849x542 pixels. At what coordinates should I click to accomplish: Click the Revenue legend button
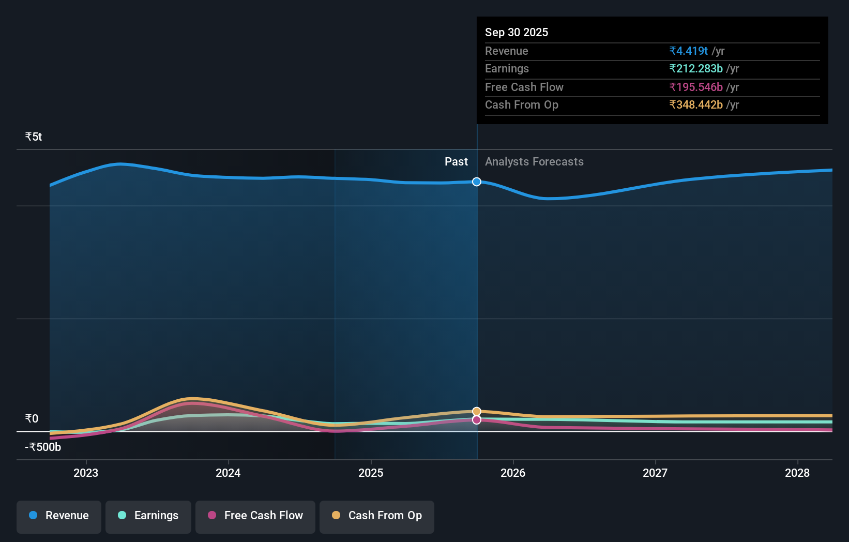tap(59, 516)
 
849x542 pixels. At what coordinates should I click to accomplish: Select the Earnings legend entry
tap(148, 516)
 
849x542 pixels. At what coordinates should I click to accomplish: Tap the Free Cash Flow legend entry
tap(255, 516)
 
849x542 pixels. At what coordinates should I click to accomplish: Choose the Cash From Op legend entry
tap(377, 516)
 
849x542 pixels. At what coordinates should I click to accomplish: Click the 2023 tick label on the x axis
tap(86, 473)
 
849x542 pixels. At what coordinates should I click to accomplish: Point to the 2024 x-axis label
tap(228, 473)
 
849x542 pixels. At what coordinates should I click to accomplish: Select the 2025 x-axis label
tap(371, 473)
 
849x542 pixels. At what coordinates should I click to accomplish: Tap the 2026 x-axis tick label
tap(513, 473)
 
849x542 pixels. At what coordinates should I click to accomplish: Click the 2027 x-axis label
tap(655, 473)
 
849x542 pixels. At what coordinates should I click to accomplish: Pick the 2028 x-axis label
tap(797, 473)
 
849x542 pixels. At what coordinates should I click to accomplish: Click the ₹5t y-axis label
tap(34, 137)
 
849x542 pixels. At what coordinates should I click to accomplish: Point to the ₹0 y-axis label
tap(32, 418)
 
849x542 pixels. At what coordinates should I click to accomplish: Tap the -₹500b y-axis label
tap(43, 447)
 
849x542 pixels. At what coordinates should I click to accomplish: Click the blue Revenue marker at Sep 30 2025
tap(477, 182)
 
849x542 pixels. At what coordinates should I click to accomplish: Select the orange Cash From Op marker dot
tap(477, 412)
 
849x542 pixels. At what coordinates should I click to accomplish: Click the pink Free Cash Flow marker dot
tap(477, 420)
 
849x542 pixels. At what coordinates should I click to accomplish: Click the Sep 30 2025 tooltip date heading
tap(517, 32)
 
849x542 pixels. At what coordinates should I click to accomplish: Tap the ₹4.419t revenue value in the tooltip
tap(688, 51)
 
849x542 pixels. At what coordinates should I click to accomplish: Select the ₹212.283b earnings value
tap(696, 68)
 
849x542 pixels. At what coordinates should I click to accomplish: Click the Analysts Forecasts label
tap(534, 161)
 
